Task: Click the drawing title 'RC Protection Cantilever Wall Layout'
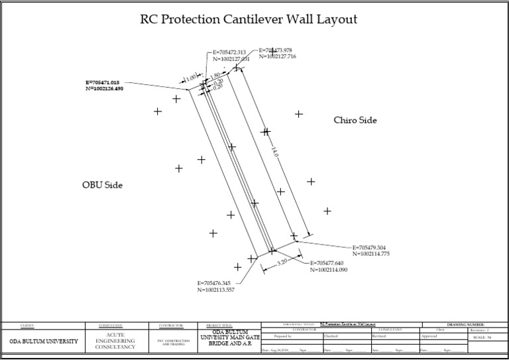tap(249, 19)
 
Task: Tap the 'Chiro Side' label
tap(355, 120)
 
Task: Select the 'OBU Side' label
tap(102, 185)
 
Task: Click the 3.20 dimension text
tap(282, 263)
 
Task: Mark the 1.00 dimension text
tap(192, 78)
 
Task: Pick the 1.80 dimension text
tap(215, 76)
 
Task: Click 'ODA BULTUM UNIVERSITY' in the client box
tap(43, 341)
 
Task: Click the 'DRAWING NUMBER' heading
tap(465, 324)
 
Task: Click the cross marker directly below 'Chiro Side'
tap(311, 181)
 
